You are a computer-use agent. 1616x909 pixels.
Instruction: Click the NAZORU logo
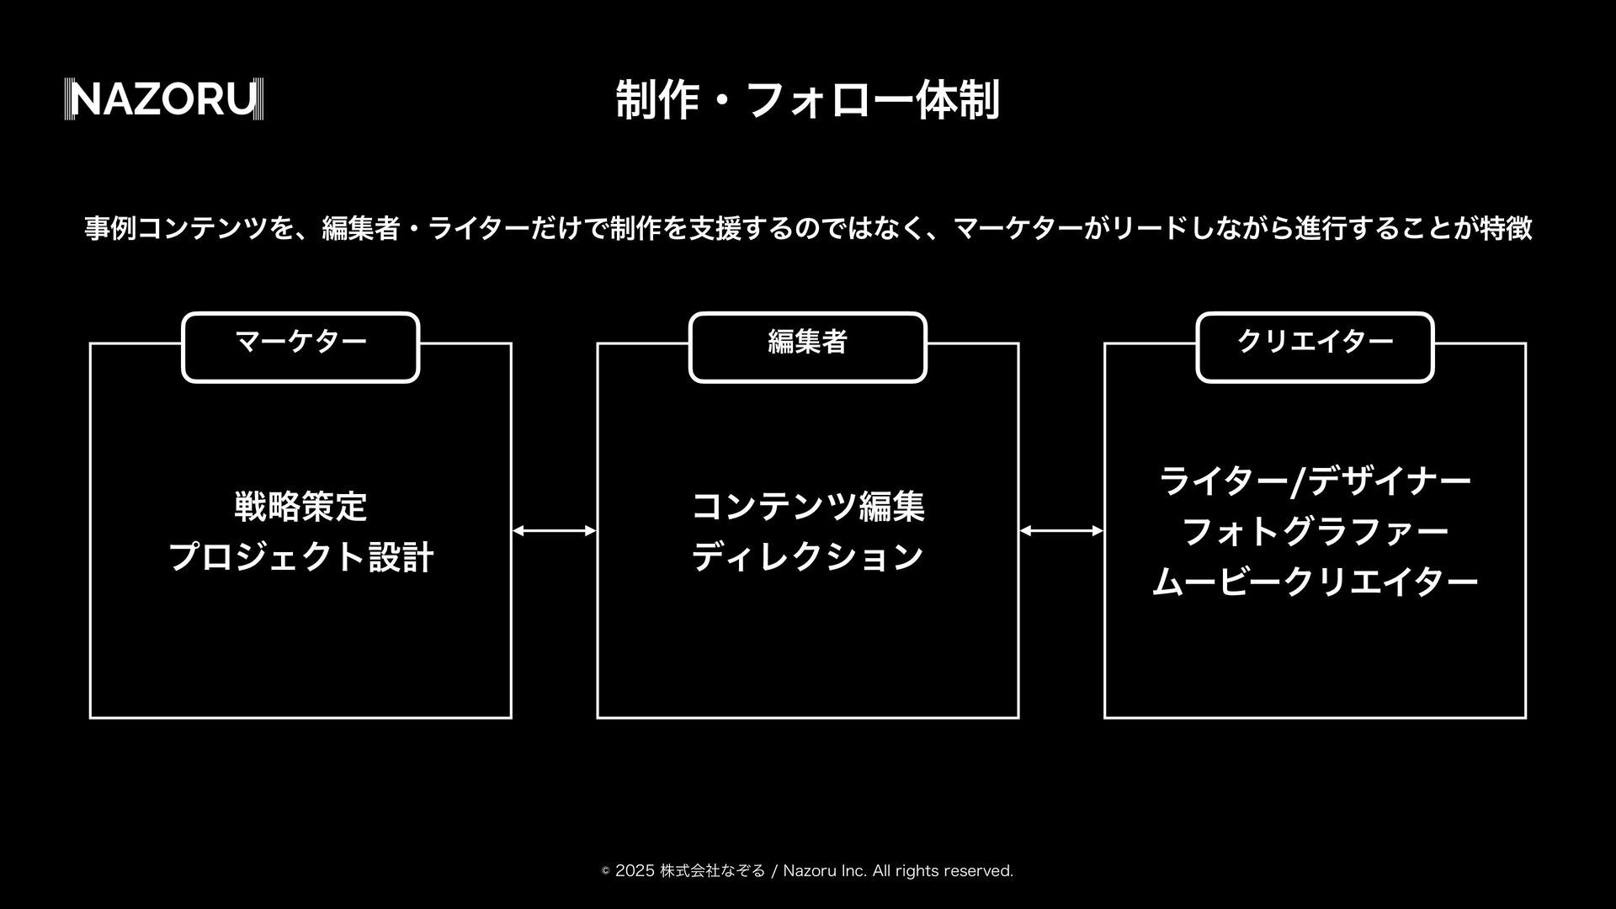coord(164,99)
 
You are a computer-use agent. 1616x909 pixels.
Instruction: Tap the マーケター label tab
coord(300,342)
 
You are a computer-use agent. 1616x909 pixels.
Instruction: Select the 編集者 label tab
coord(807,342)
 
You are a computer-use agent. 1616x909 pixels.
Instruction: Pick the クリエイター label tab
coord(1315,342)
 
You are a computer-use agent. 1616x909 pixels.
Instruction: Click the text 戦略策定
coord(300,507)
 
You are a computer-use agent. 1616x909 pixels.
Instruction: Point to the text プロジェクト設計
coord(300,557)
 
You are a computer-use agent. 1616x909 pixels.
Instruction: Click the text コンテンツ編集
coord(807,507)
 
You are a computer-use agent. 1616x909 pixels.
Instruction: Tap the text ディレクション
coord(807,557)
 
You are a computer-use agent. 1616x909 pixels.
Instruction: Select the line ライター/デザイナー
coord(1315,481)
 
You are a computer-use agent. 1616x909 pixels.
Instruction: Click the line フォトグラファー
coord(1315,532)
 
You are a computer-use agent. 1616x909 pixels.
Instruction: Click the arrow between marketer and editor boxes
coord(554,530)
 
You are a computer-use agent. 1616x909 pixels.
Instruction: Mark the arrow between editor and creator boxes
coord(1061,530)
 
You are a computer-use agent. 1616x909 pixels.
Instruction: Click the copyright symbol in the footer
coord(605,872)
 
